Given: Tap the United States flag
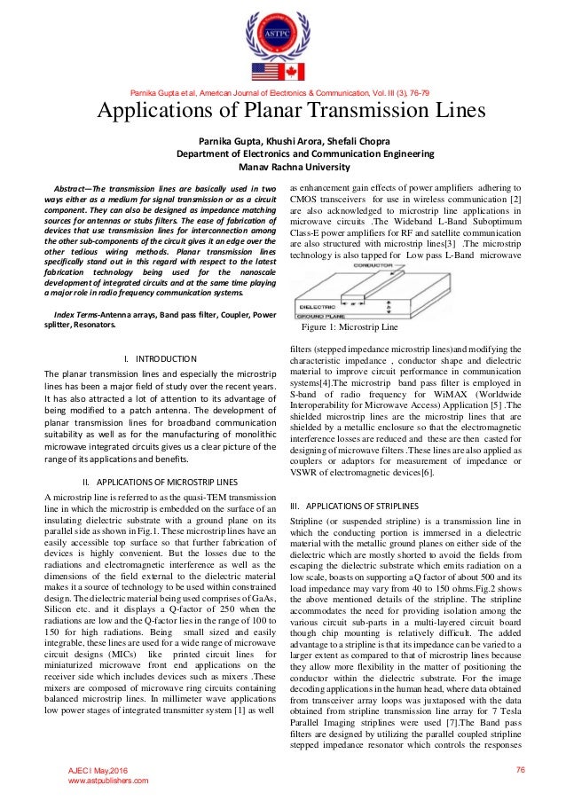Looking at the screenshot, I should click(x=266, y=71).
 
